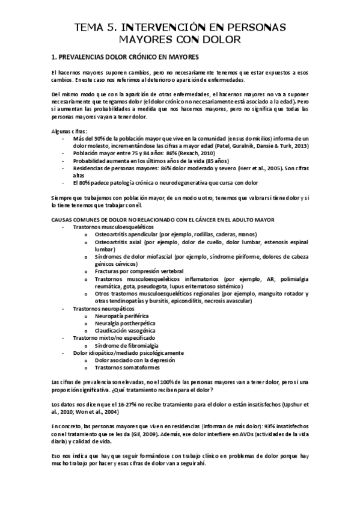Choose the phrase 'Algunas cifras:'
[x=70, y=131]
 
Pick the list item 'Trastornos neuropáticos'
[x=99, y=309]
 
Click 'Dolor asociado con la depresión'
[x=134, y=360]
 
